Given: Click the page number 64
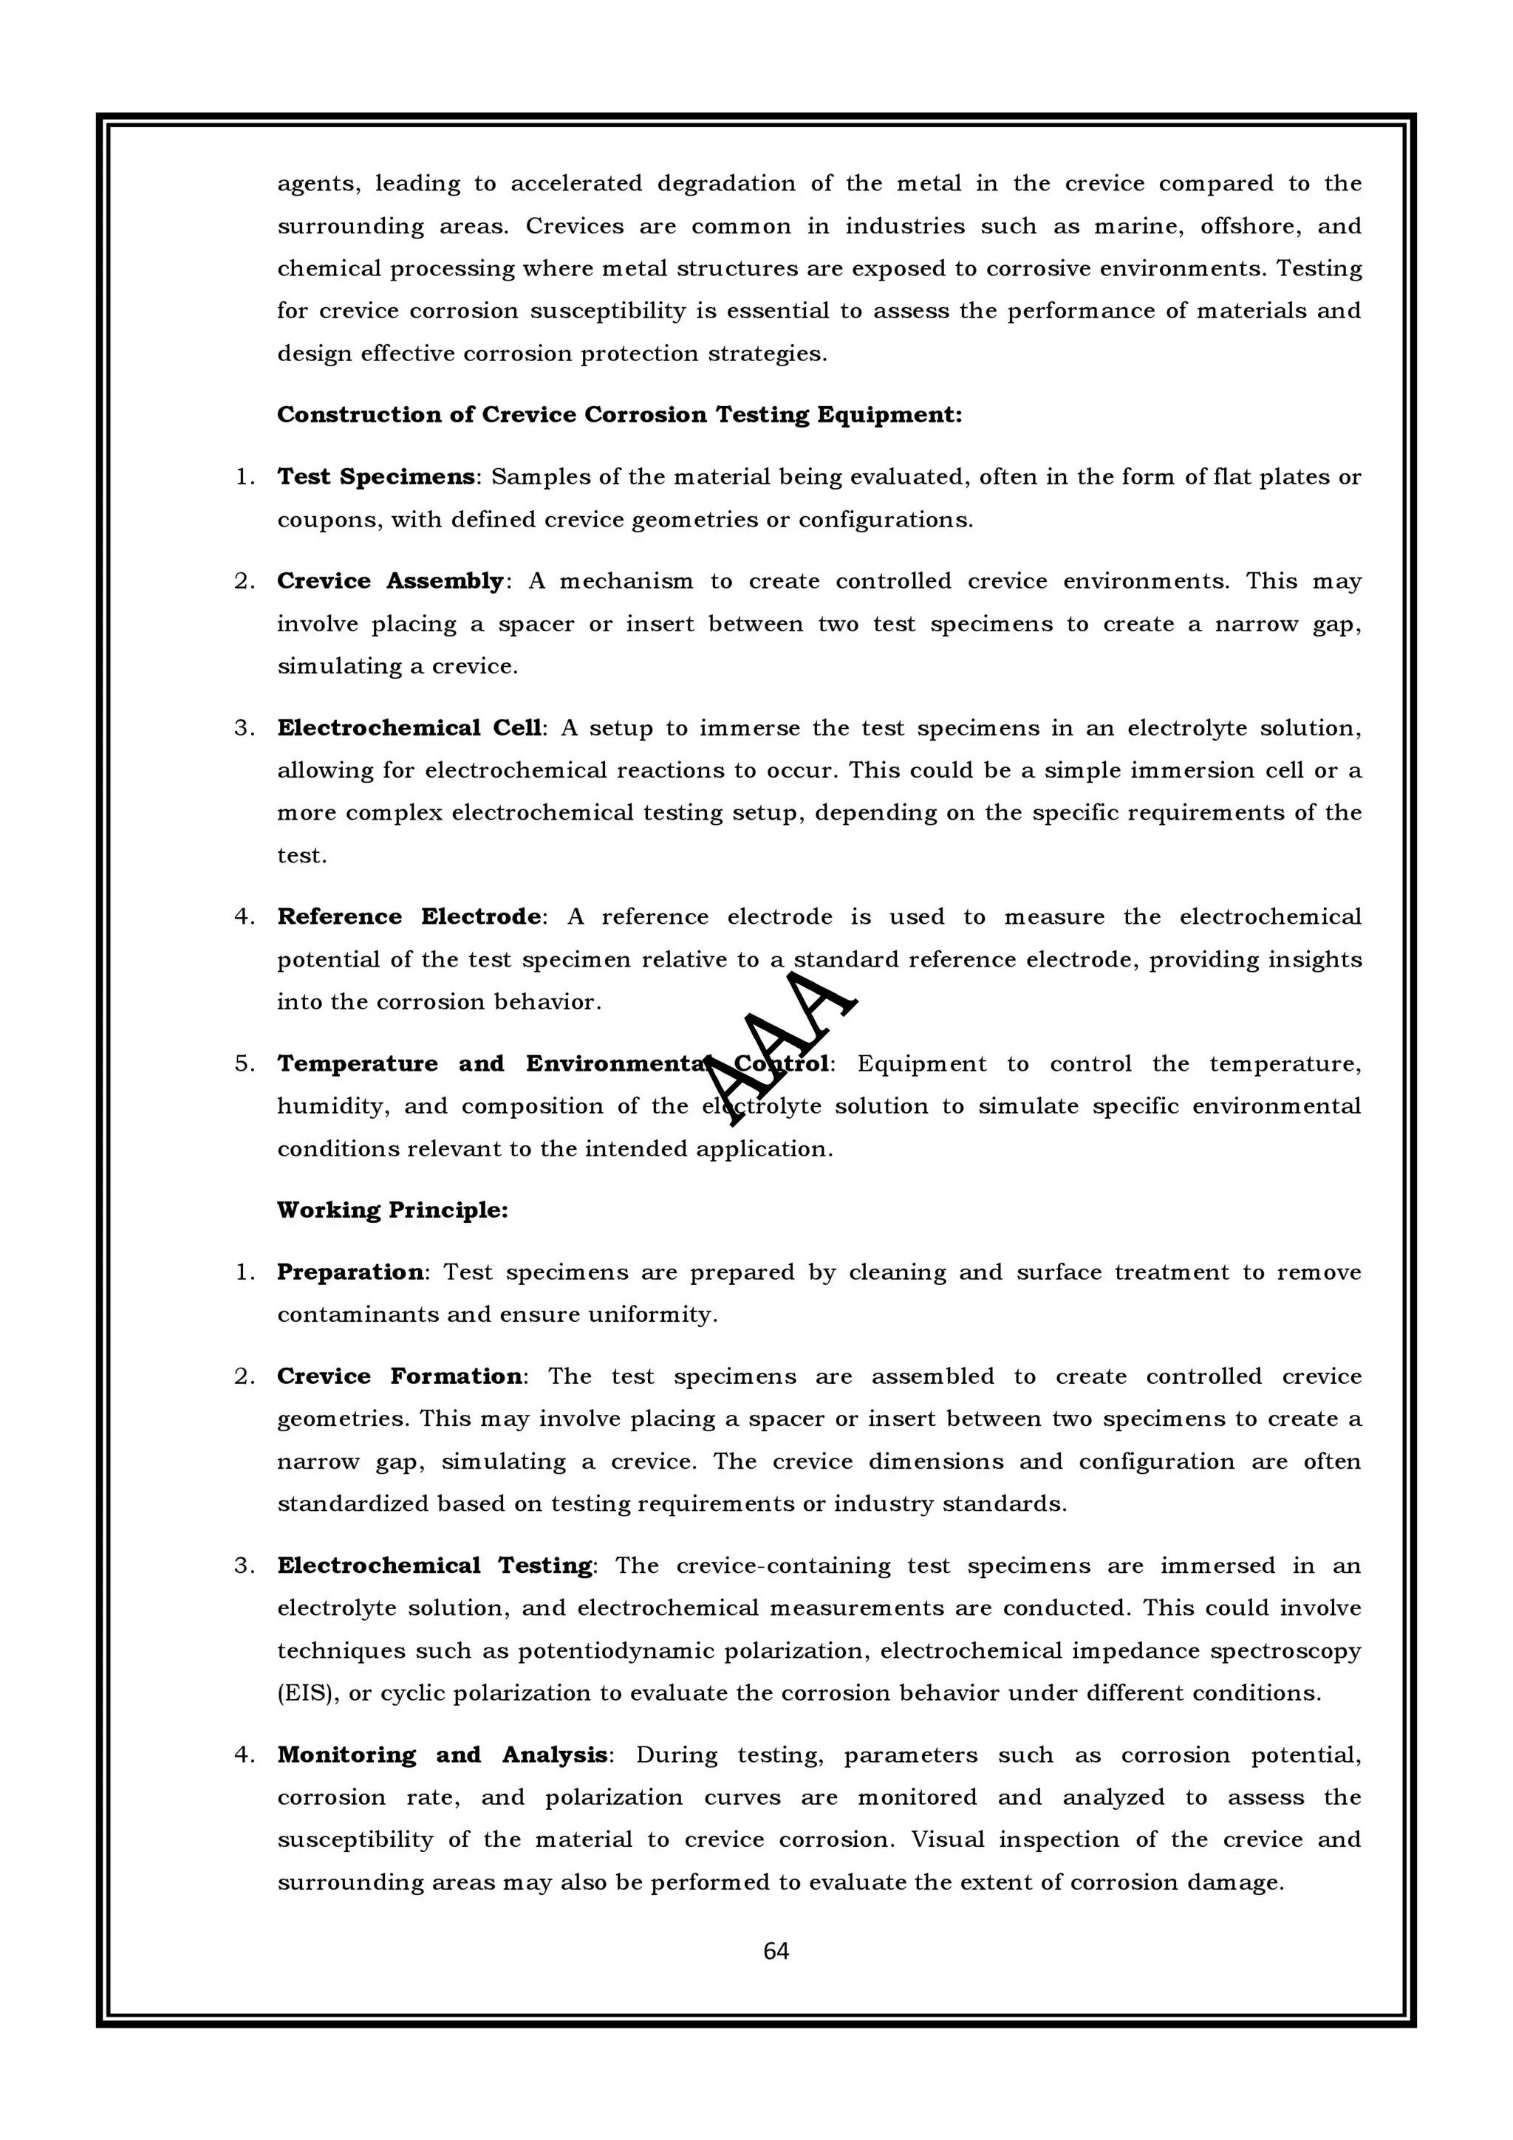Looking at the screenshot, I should point(776,1950).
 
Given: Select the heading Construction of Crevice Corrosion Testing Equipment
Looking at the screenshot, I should point(619,415).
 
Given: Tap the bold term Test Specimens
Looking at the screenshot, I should point(376,476).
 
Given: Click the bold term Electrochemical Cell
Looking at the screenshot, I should point(409,728).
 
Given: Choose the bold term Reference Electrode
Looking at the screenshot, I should point(409,916).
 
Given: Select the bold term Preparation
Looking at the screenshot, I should point(349,1272).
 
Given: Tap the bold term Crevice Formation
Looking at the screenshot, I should point(400,1376).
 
